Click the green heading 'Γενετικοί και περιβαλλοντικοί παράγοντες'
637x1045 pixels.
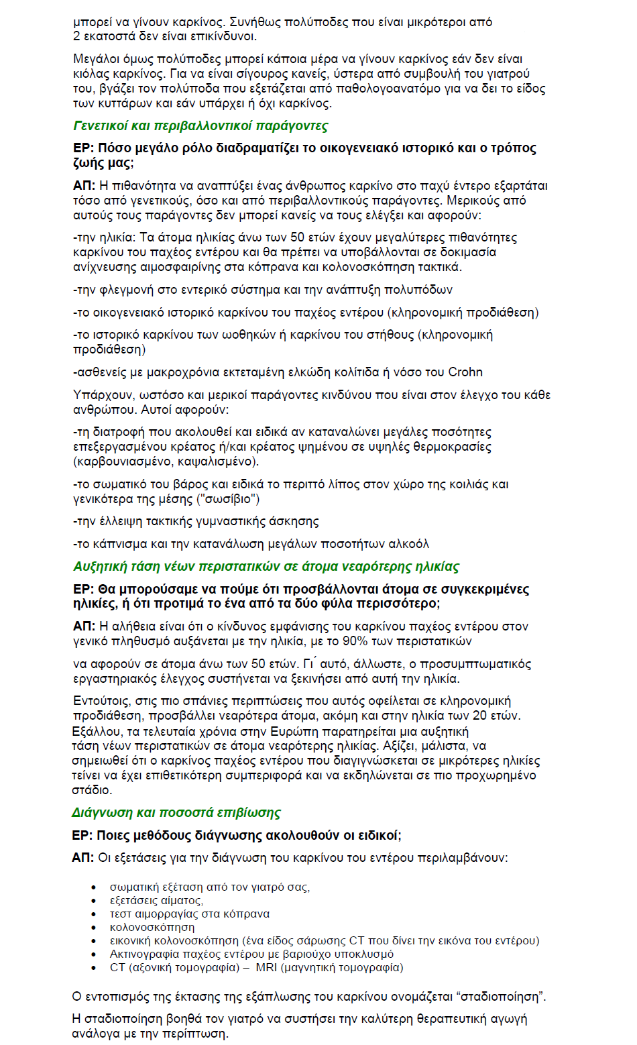point(200,126)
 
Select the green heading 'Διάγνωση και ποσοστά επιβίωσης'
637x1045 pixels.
point(176,813)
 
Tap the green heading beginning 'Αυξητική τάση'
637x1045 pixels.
point(266,567)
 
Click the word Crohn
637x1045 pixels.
point(465,372)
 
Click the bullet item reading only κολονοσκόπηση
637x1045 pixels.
point(152,927)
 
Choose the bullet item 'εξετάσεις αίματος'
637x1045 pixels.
point(156,900)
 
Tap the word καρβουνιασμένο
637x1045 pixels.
point(127,461)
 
